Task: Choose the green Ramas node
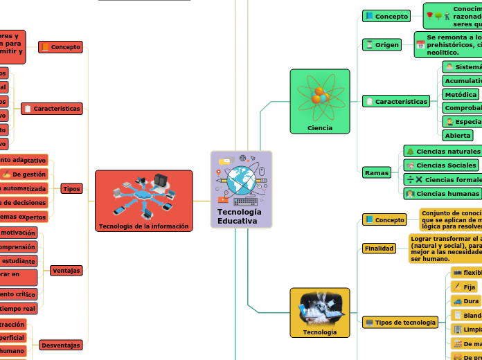pyautogui.click(x=377, y=172)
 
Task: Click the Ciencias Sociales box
pyautogui.click(x=441, y=165)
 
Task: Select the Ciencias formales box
pyautogui.click(x=443, y=179)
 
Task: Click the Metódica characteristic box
pyautogui.click(x=461, y=94)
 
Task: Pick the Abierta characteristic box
pyautogui.click(x=458, y=136)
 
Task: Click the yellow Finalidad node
pyautogui.click(x=380, y=248)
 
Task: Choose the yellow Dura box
pyautogui.click(x=465, y=301)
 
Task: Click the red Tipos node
pyautogui.click(x=71, y=188)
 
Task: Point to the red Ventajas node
pyautogui.click(x=66, y=270)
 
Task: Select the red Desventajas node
pyautogui.click(x=62, y=345)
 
